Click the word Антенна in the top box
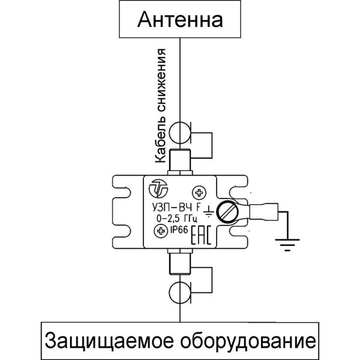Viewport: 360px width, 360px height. (180, 20)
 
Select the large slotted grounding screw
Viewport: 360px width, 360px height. (227, 212)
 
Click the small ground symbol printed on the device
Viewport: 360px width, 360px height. (208, 212)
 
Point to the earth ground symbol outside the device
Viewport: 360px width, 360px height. (283, 242)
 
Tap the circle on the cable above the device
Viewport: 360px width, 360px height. (179, 132)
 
